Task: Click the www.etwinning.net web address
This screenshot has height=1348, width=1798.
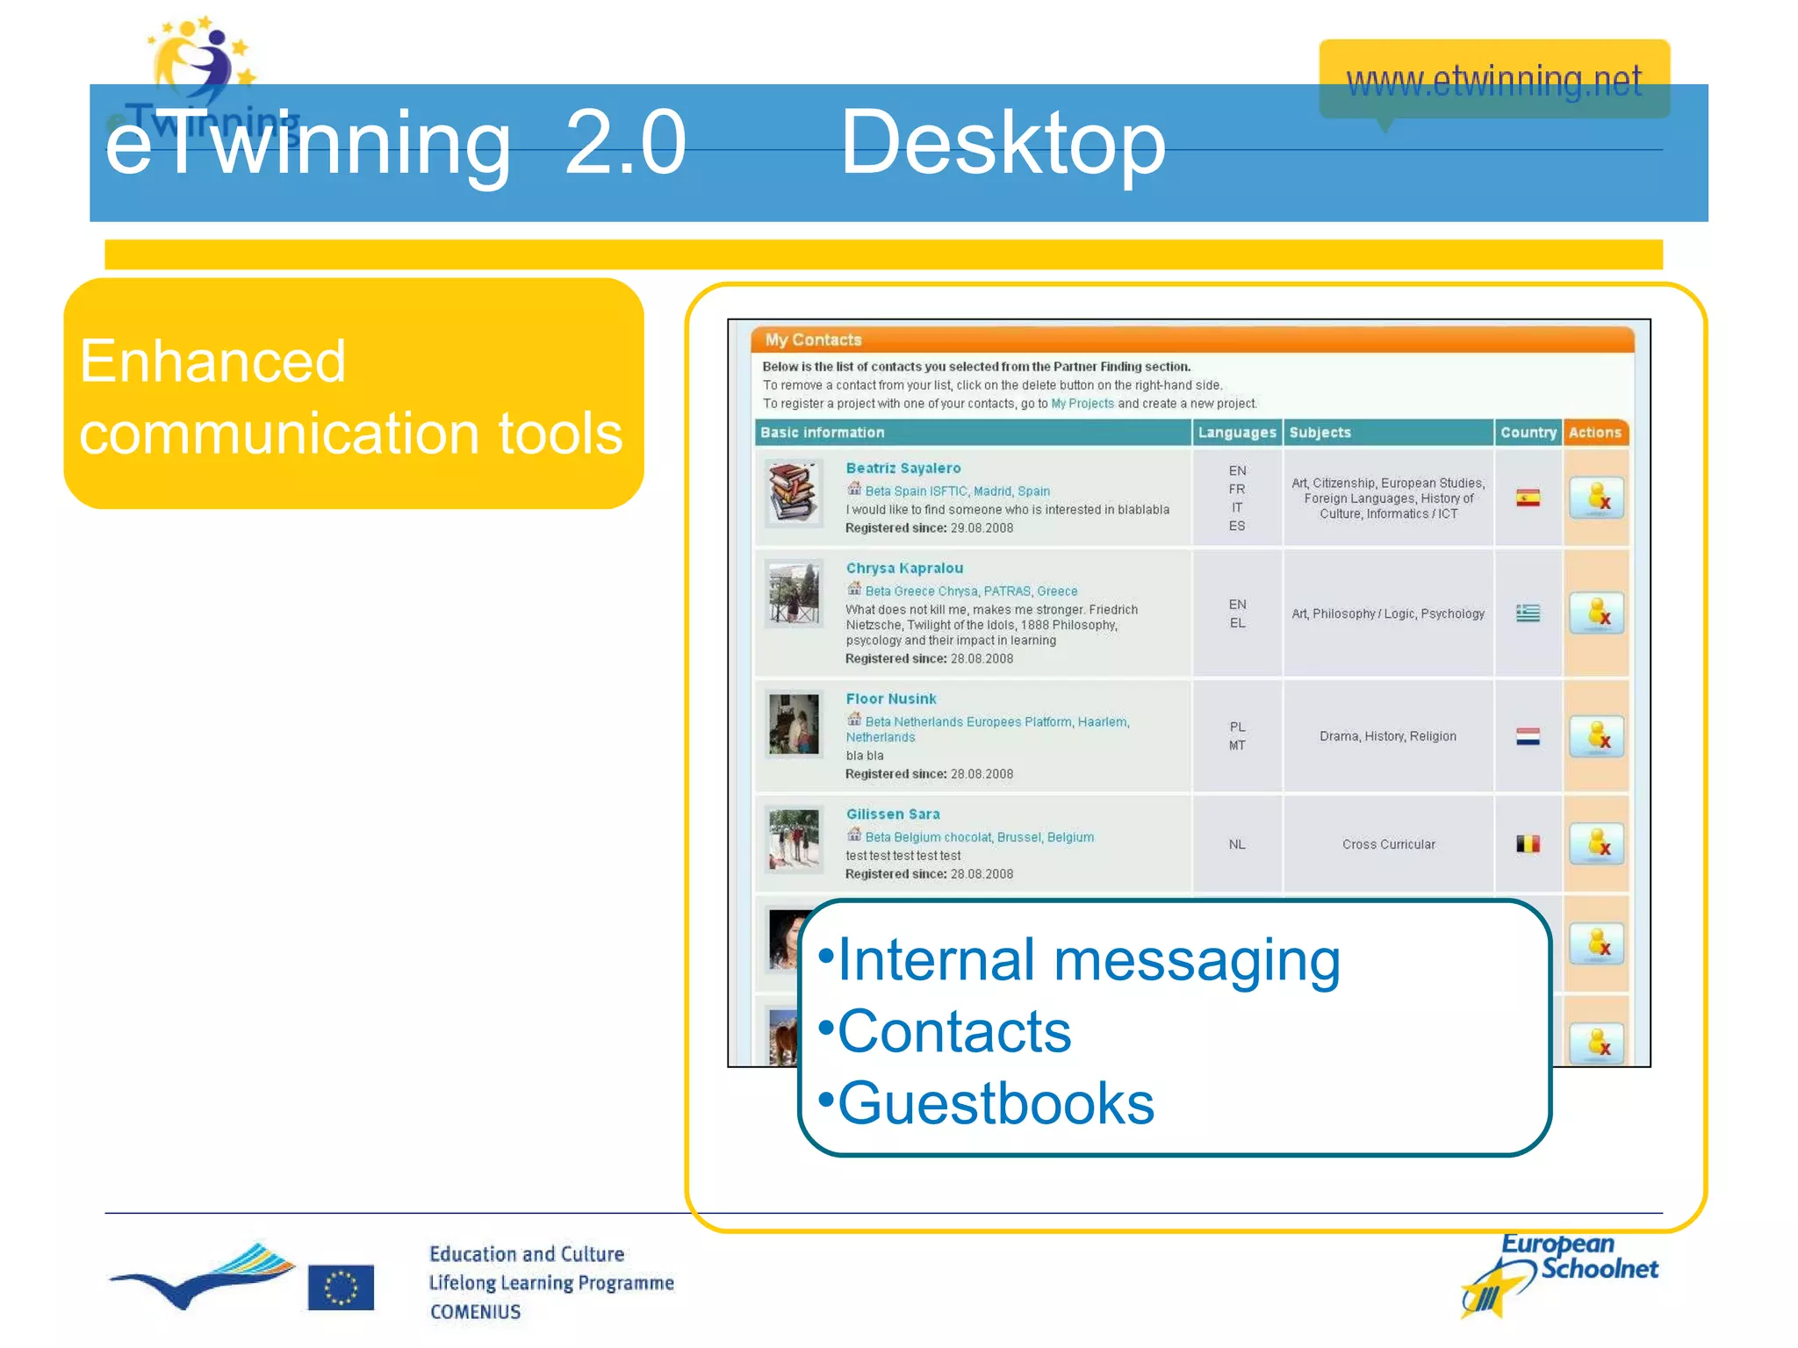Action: click(x=1492, y=81)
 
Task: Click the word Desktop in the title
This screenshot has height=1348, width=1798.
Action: click(x=1002, y=143)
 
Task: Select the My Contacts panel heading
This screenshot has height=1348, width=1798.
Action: click(x=813, y=340)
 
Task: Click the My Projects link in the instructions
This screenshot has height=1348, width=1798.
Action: click(x=1082, y=404)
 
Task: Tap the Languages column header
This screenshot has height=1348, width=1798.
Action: click(x=1236, y=433)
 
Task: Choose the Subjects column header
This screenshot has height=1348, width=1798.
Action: click(x=1320, y=433)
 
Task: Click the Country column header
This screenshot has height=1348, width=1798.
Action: click(x=1528, y=433)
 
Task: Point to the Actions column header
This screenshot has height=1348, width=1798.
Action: click(x=1594, y=433)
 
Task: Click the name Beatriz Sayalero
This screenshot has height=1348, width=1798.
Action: click(x=903, y=469)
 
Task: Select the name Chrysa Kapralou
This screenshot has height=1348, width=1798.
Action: click(x=904, y=569)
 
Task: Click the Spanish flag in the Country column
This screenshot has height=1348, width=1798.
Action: click(x=1528, y=498)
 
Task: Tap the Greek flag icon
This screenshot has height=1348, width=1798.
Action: click(x=1528, y=613)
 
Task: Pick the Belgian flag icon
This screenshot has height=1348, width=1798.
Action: click(x=1528, y=844)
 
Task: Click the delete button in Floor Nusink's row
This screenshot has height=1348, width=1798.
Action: click(x=1596, y=737)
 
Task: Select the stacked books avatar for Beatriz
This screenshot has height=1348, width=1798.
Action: click(x=793, y=493)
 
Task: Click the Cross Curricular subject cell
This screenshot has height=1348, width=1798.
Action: click(x=1388, y=844)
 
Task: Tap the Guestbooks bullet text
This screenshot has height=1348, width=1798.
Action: click(x=995, y=1103)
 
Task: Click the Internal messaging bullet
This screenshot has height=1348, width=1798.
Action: click(x=1088, y=959)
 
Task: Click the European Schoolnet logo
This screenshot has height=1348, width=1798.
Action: click(x=1559, y=1274)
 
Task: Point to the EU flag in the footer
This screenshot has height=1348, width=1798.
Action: click(x=341, y=1287)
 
